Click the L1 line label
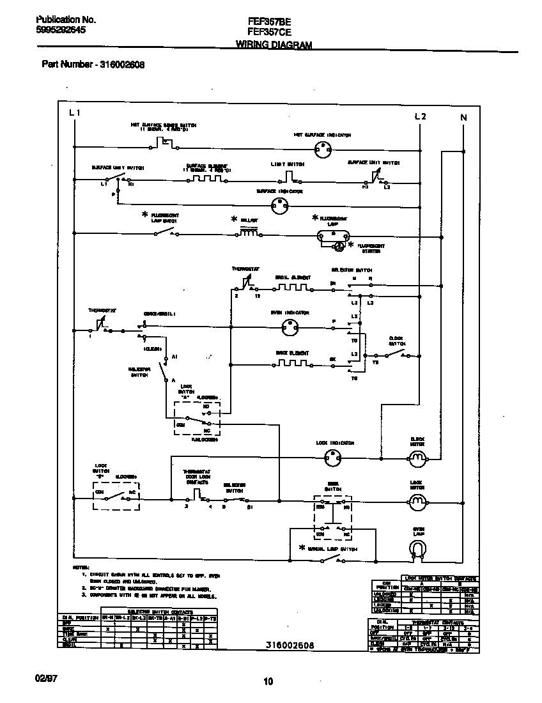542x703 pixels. [x=75, y=113]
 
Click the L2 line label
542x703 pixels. [x=420, y=116]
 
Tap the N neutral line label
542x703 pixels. [x=463, y=117]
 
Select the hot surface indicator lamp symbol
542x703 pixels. [x=323, y=151]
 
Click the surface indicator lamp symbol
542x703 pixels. [x=279, y=205]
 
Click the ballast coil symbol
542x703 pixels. [x=249, y=233]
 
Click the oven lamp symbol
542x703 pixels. [x=417, y=549]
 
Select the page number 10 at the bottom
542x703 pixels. [x=268, y=682]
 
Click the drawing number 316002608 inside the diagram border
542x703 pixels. [x=290, y=645]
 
